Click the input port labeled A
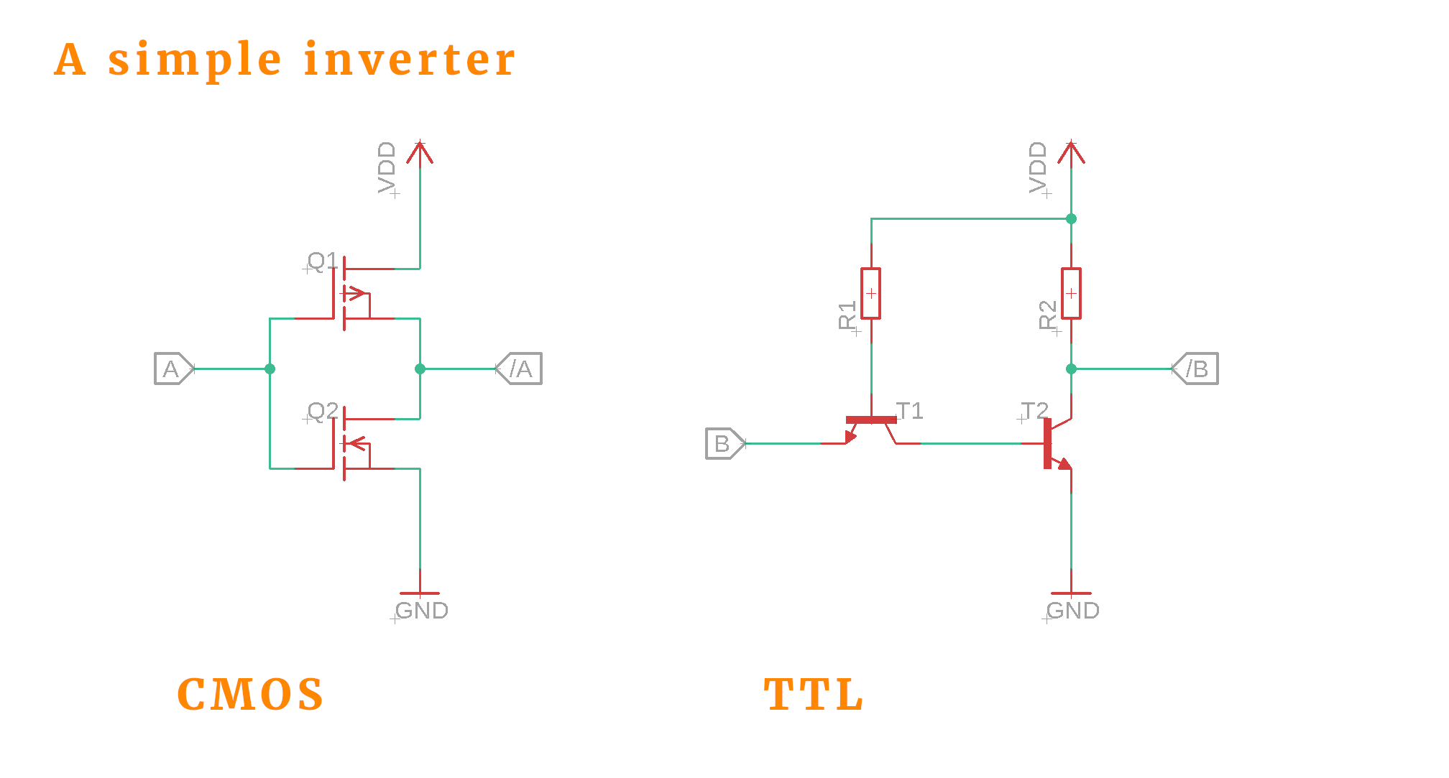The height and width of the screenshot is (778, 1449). coord(173,369)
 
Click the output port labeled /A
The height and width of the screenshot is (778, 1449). coord(520,369)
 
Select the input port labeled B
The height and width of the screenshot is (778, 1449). coord(724,443)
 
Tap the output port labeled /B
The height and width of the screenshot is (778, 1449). coord(1196,369)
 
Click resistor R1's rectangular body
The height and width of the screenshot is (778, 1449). coord(870,293)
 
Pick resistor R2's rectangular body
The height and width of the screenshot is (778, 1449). coord(1071,293)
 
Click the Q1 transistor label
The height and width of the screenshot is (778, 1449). coord(322,261)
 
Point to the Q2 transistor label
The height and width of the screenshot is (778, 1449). coord(322,411)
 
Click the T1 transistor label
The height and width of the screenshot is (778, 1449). coord(910,411)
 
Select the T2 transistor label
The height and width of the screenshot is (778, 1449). coord(1034,411)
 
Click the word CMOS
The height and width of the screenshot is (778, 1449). coord(250,695)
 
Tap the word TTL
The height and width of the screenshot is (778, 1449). coord(814,695)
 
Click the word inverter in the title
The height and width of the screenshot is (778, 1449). coord(410,59)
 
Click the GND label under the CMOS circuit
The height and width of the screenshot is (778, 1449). coord(422,611)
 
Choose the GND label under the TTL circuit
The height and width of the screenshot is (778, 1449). coord(1073,611)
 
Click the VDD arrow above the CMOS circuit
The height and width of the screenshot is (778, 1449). coord(420,152)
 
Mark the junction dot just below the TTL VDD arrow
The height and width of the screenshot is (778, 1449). coord(1071,218)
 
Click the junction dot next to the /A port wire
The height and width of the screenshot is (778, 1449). coord(420,369)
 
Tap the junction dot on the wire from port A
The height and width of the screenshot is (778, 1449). coord(270,369)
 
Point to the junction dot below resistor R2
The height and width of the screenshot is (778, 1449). coord(1071,369)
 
